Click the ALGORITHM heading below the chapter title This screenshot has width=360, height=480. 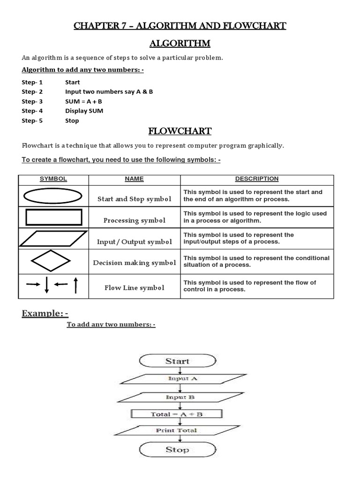(180, 44)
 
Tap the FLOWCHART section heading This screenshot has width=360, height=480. (180, 131)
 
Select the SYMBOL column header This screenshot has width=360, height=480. (53, 179)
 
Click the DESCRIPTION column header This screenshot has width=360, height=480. (256, 179)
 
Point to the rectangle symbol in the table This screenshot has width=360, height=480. (53, 217)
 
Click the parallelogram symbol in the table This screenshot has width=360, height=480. (53, 239)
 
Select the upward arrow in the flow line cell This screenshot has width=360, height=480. (75, 285)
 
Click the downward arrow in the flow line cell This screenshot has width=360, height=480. (46, 285)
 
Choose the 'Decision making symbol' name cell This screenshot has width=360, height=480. (135, 263)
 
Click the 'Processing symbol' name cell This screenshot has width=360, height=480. (135, 220)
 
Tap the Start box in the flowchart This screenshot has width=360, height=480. (177, 361)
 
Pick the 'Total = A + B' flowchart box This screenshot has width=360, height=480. (177, 414)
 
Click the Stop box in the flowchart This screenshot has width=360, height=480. (177, 450)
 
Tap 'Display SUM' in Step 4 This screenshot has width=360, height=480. (84, 111)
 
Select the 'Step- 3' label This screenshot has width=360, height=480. (32, 101)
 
